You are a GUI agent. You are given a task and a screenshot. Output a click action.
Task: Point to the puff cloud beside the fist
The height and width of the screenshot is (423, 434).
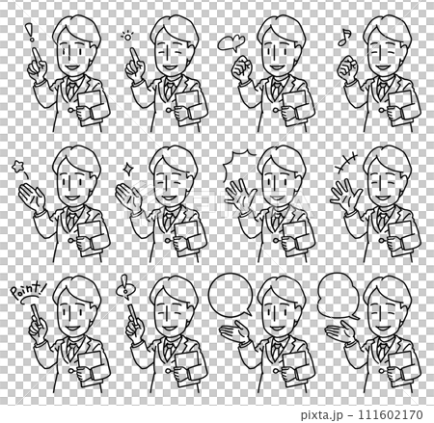point(230,40)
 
